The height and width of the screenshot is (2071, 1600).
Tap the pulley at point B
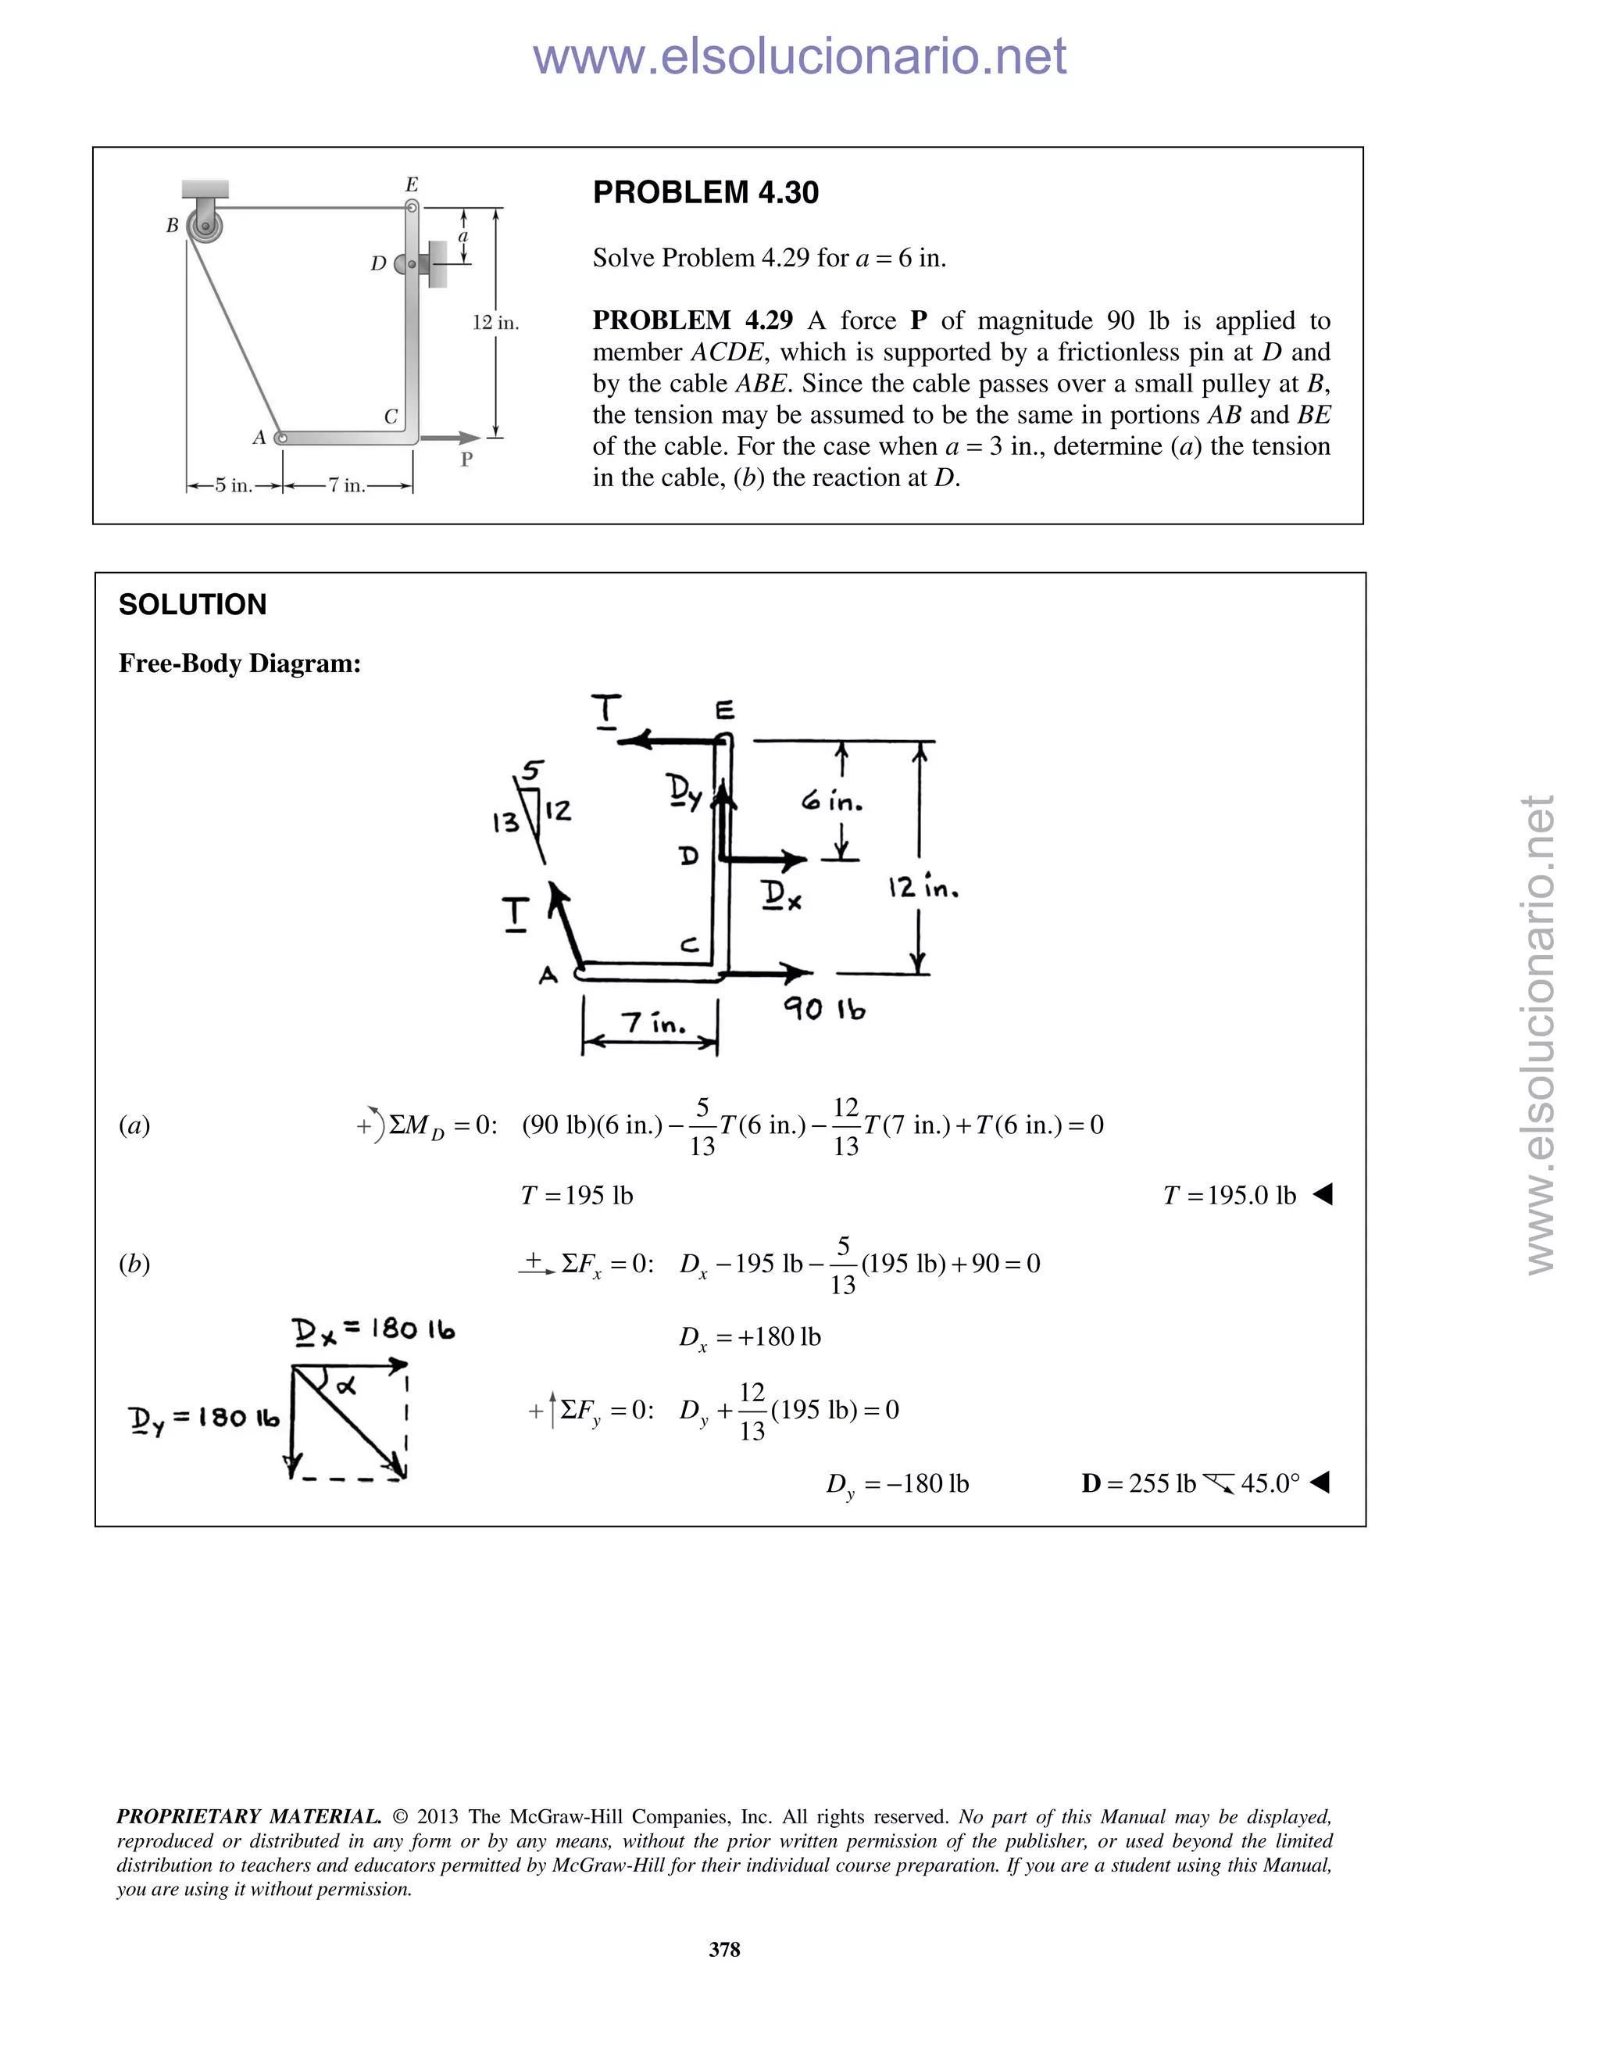[205, 227]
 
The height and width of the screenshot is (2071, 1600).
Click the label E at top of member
[412, 185]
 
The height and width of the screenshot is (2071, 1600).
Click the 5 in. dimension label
[233, 485]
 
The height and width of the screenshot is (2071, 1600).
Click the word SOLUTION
[192, 604]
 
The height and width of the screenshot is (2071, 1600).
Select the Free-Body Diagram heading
[240, 663]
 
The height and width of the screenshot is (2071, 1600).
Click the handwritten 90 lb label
[823, 1009]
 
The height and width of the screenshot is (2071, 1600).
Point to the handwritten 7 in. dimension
[653, 1023]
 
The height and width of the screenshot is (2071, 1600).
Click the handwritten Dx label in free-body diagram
[782, 894]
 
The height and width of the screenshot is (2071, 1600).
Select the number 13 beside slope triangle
[505, 821]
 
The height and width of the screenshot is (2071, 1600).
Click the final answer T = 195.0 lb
[1230, 1195]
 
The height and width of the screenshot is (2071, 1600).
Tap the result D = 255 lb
[1138, 1483]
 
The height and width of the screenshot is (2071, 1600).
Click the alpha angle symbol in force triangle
[346, 1386]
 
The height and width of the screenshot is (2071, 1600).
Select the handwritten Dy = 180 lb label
[204, 1418]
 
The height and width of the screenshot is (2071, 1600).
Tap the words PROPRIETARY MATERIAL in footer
[248, 1817]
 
